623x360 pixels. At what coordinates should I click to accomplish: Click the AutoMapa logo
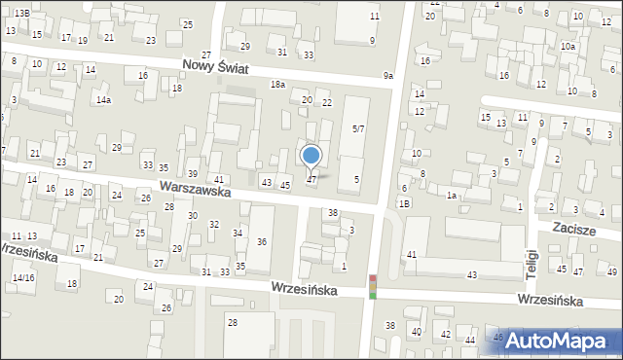(x=556, y=341)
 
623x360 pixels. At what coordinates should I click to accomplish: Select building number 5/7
(x=358, y=128)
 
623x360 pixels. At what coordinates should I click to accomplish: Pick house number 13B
(x=21, y=11)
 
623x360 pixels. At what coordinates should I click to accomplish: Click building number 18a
(x=277, y=85)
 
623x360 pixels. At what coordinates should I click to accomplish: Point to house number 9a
(x=388, y=76)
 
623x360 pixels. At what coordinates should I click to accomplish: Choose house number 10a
(x=568, y=47)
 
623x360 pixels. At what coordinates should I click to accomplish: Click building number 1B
(x=404, y=202)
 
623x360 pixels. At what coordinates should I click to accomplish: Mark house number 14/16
(x=23, y=278)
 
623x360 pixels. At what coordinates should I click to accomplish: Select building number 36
(x=262, y=241)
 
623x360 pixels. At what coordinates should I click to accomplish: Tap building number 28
(x=232, y=322)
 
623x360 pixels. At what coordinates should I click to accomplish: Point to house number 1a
(x=452, y=196)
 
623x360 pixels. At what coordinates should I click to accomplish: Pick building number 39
(x=193, y=173)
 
